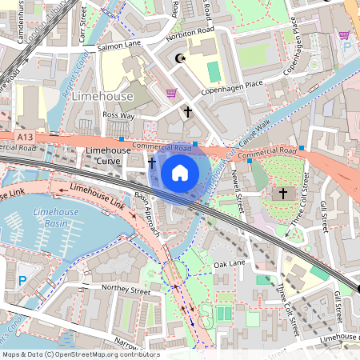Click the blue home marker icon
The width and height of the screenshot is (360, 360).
click(x=180, y=172)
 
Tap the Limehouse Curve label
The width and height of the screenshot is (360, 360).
click(x=108, y=156)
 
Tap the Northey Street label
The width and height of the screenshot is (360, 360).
click(x=125, y=292)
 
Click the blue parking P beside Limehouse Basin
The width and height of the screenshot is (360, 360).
click(x=22, y=281)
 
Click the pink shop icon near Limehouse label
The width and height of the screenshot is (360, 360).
click(x=170, y=93)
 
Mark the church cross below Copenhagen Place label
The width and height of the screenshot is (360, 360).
click(x=188, y=113)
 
